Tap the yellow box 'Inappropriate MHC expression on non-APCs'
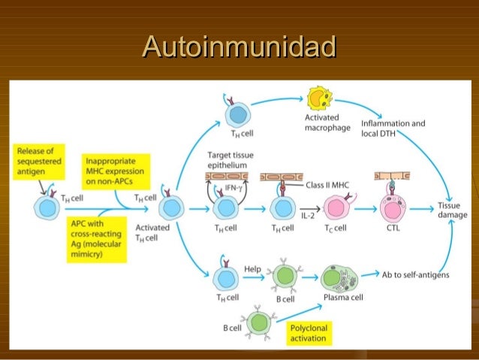pyautogui.click(x=116, y=172)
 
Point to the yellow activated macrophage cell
pyautogui.click(x=321, y=98)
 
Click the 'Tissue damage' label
pyautogui.click(x=452, y=210)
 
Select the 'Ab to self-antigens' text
pyautogui.click(x=415, y=275)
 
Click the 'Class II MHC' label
pyautogui.click(x=328, y=184)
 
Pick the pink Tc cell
pyautogui.click(x=334, y=205)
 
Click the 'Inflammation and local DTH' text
pyautogui.click(x=393, y=128)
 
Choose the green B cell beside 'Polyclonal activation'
pyautogui.click(x=260, y=322)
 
